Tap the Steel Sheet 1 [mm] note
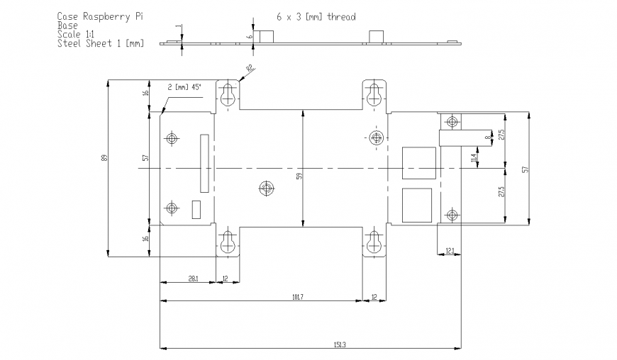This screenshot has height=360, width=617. tap(100, 44)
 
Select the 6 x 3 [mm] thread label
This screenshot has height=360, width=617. tap(316, 16)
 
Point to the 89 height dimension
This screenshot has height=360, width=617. tap(104, 159)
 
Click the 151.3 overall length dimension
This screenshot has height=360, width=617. tap(339, 344)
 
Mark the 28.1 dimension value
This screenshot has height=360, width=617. tap(193, 279)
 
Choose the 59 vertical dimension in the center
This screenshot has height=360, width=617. tap(299, 177)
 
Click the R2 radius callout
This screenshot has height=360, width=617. tap(250, 68)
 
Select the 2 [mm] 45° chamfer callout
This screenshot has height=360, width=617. tap(184, 87)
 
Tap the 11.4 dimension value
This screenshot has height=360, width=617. tap(473, 158)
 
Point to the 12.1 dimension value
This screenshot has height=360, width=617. tap(450, 250)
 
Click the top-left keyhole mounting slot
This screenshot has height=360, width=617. tap(227, 95)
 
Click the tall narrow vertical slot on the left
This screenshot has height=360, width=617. tap(204, 163)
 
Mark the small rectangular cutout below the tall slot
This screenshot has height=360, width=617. tap(197, 210)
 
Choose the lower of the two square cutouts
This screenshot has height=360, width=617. tap(416, 205)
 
